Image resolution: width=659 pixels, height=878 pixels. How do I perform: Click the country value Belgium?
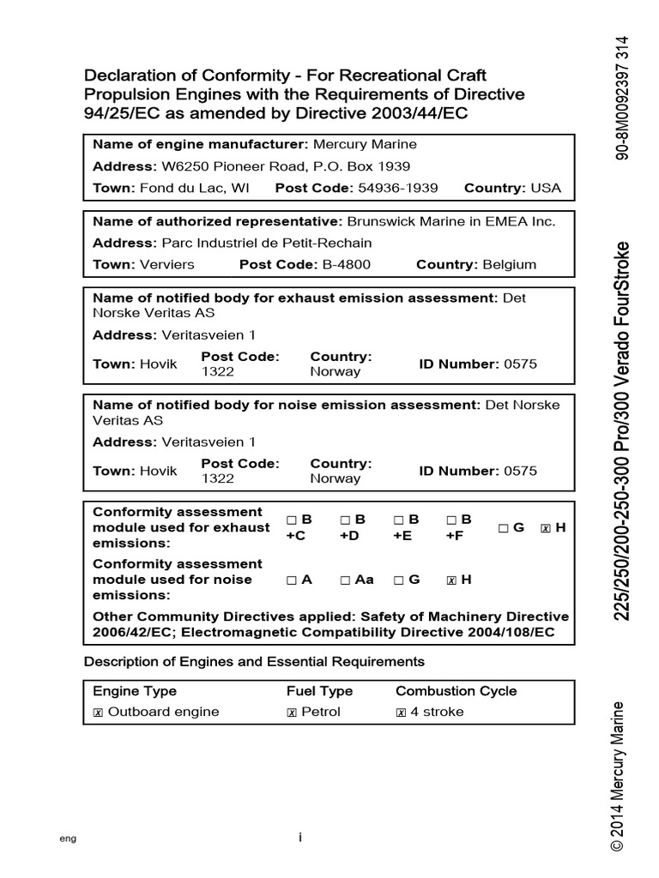(x=509, y=264)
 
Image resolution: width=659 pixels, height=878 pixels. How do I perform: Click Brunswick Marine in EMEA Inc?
(x=451, y=221)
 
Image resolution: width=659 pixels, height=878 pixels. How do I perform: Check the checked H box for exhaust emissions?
(x=545, y=528)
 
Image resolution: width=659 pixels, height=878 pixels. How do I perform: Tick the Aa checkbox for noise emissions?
(x=345, y=580)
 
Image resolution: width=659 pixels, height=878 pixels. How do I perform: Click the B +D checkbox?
(x=345, y=520)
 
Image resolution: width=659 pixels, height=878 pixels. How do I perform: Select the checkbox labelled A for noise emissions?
(x=292, y=580)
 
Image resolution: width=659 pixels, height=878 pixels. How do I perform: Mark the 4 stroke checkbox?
(x=401, y=713)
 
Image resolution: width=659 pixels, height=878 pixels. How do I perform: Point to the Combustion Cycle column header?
(x=456, y=691)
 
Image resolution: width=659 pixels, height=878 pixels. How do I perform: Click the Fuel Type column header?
(x=319, y=691)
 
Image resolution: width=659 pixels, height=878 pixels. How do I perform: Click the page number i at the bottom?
(x=300, y=838)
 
